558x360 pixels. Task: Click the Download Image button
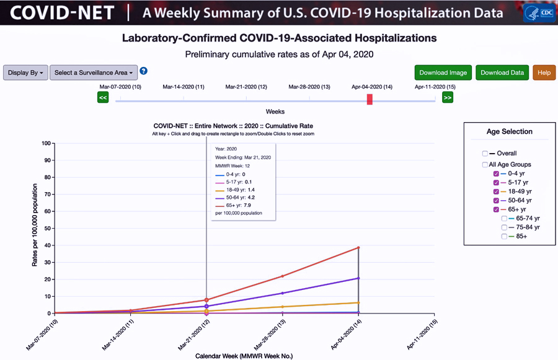[443, 72]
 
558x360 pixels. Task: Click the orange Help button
[544, 72]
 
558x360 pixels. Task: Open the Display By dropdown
[25, 72]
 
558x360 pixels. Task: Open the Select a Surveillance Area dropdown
[93, 72]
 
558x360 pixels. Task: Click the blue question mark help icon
[143, 71]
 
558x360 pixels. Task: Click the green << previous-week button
[103, 97]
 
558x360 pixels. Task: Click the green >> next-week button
[448, 97]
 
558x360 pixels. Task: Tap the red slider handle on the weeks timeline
[370, 99]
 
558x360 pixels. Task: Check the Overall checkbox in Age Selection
[485, 154]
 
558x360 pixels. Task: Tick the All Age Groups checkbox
[485, 165]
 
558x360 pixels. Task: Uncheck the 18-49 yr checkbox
[496, 192]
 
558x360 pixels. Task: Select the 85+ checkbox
[505, 236]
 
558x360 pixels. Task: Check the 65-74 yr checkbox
[505, 219]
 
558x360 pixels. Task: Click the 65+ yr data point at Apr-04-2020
[358, 248]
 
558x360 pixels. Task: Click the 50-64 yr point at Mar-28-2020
[283, 293]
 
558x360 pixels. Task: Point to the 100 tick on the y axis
[46, 143]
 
